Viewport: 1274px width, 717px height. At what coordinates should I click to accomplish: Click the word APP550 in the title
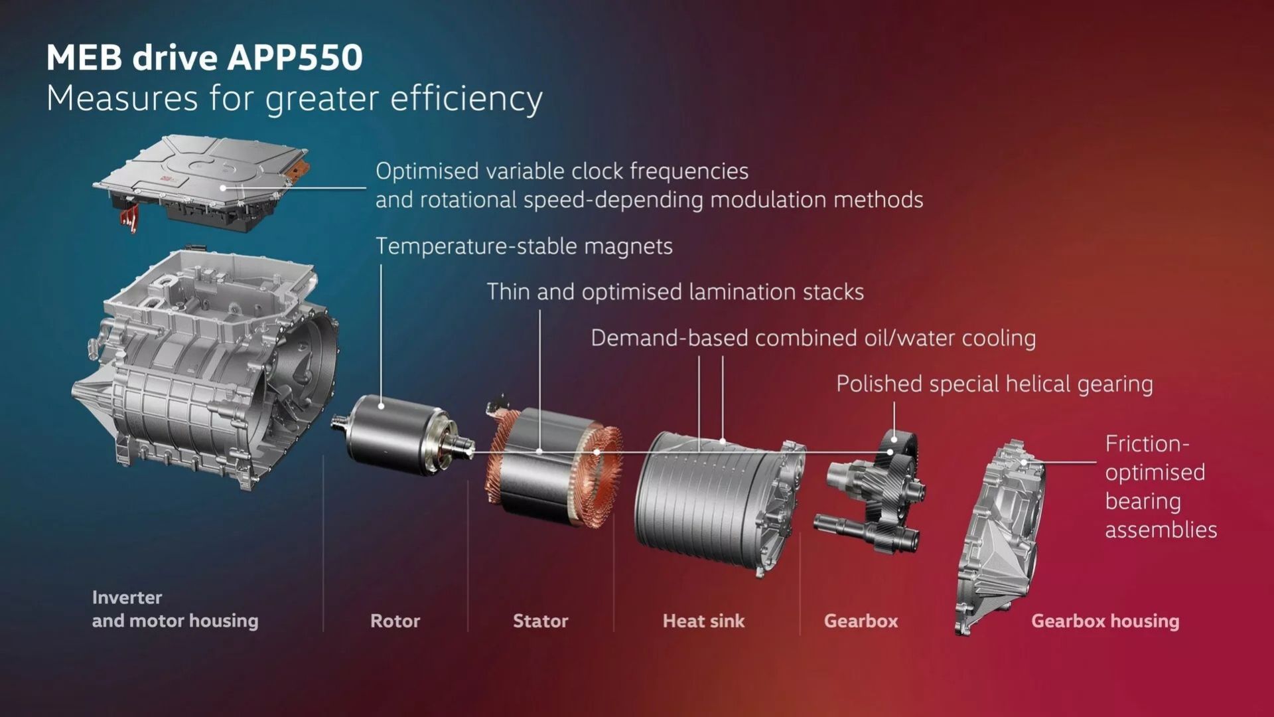[295, 57]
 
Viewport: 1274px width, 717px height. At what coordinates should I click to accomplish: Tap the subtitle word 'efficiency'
[466, 100]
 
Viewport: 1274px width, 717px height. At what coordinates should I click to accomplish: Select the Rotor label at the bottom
[395, 621]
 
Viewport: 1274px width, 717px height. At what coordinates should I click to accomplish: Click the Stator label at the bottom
[540, 621]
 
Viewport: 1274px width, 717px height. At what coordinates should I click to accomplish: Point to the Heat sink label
[703, 621]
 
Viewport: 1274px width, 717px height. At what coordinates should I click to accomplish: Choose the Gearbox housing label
[1105, 621]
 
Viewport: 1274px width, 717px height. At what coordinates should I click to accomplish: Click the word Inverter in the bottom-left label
[127, 597]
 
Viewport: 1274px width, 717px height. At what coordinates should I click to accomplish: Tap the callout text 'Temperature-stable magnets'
[524, 246]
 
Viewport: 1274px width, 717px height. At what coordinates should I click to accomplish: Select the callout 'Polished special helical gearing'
[994, 384]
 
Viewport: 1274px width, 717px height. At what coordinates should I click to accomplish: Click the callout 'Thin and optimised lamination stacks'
[675, 292]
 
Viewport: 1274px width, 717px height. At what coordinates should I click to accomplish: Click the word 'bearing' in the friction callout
[1143, 501]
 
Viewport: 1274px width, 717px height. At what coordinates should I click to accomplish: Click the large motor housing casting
[206, 372]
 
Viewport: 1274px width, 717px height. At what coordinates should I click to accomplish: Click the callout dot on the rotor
[381, 406]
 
